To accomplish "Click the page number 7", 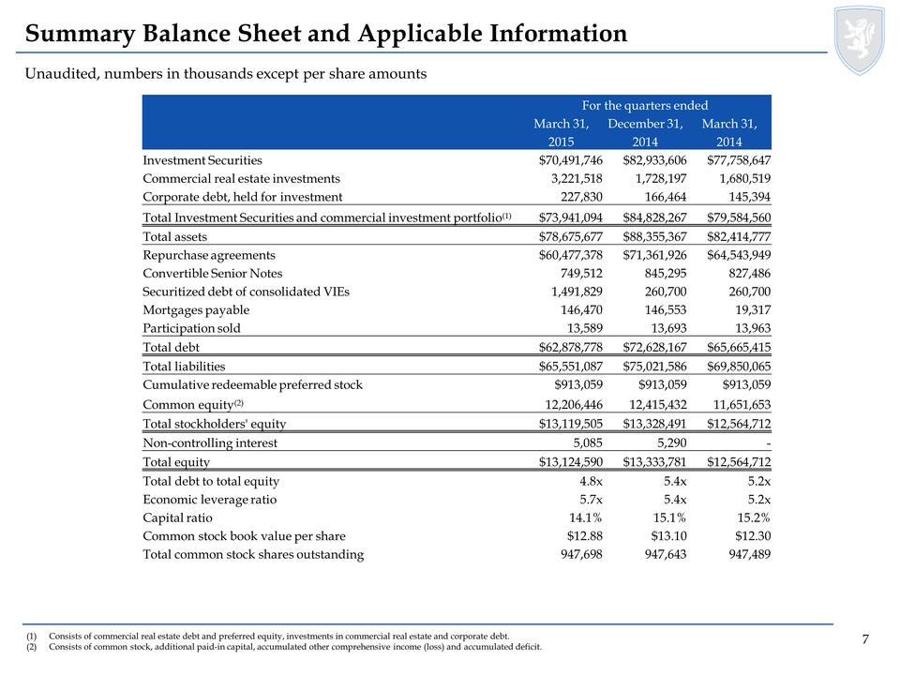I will (x=865, y=639).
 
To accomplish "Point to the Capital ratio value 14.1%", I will (x=583, y=517).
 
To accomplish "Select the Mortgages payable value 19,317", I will (x=750, y=309).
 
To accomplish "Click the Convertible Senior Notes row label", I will (x=213, y=273).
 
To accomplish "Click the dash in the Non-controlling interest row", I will (x=768, y=443).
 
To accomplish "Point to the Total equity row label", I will (x=176, y=462).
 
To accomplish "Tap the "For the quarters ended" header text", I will (x=643, y=106).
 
